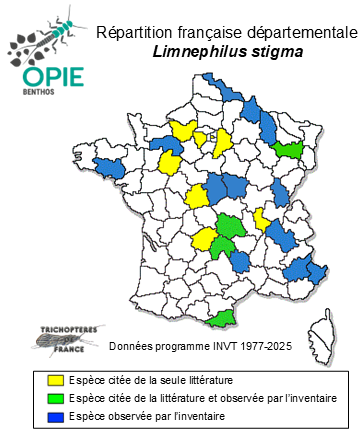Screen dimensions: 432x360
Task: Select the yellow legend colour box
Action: pos(58,380)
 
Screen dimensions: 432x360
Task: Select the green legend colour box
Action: pos(58,398)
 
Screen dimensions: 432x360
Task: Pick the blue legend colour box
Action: pos(58,415)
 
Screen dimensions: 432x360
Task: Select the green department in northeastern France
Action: pos(291,149)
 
